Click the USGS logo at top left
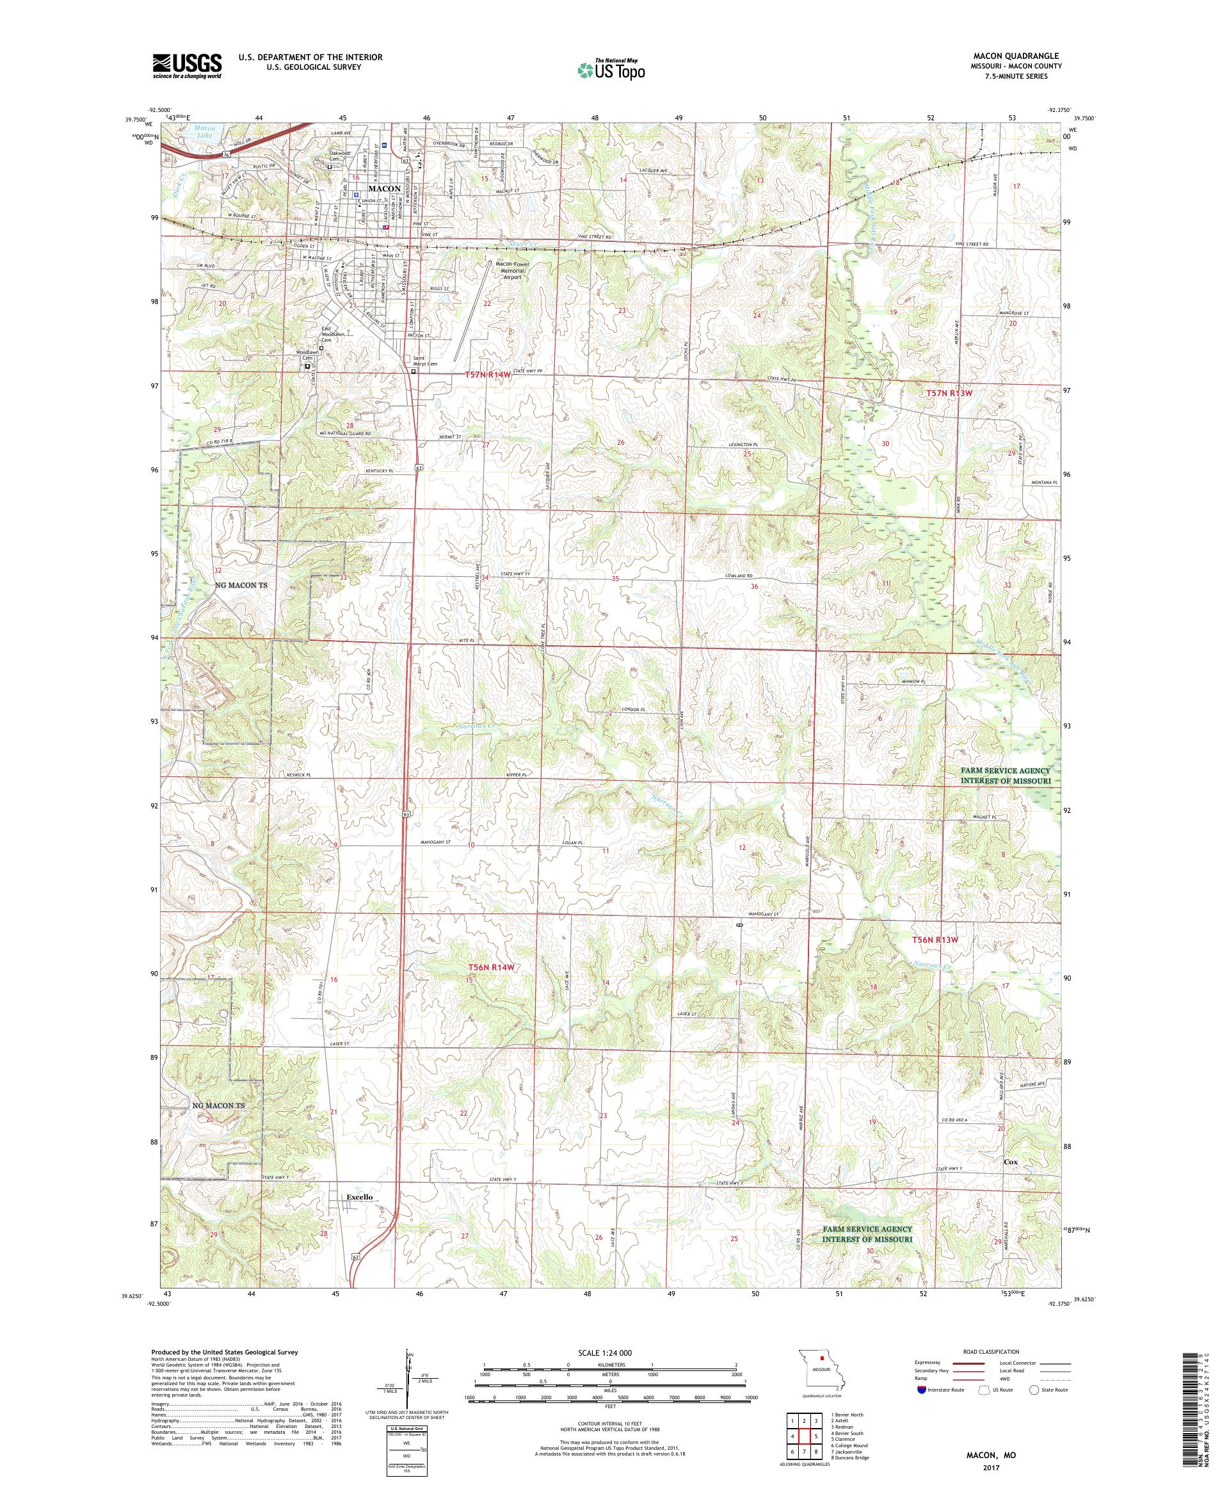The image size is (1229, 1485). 187,66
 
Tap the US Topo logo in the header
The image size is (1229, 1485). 612,69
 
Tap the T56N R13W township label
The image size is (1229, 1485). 934,940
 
